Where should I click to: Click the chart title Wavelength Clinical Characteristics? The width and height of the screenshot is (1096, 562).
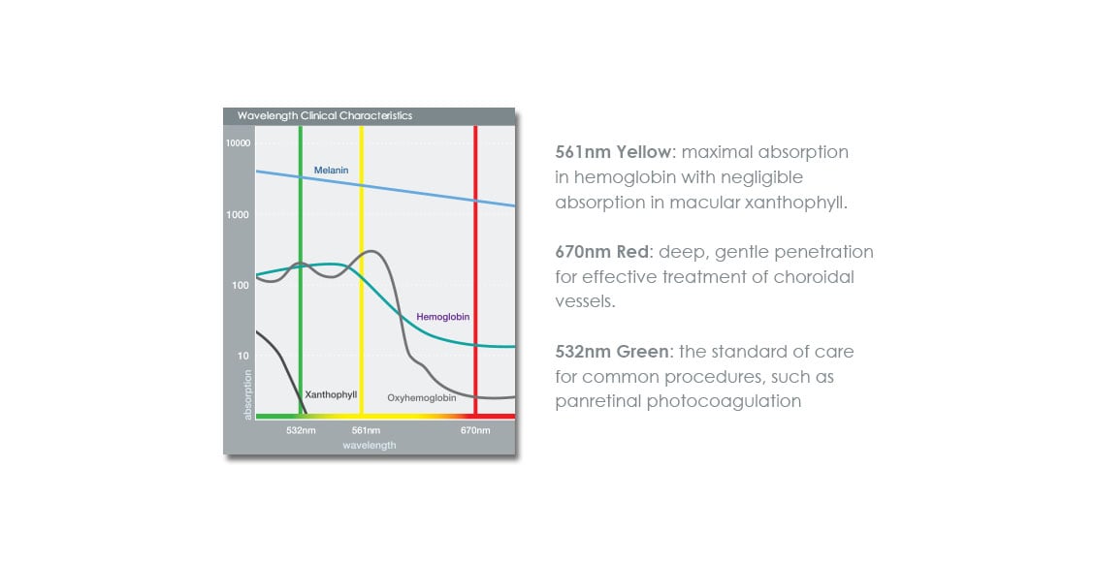click(325, 116)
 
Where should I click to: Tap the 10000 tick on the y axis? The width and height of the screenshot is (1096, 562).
click(238, 143)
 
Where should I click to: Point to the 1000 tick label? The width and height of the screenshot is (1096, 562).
click(238, 214)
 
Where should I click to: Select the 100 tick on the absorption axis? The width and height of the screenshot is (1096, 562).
click(241, 285)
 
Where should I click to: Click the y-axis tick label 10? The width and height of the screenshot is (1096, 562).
click(242, 356)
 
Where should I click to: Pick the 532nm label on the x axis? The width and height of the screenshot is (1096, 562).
click(301, 430)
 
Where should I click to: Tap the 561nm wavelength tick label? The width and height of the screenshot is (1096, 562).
click(366, 430)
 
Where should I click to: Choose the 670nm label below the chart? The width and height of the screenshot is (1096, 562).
click(475, 430)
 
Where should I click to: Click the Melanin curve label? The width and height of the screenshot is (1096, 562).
click(332, 171)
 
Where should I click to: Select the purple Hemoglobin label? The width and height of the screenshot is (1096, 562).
click(443, 317)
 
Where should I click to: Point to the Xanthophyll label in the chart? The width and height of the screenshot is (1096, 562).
click(331, 394)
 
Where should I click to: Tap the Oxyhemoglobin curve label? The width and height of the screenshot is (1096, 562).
click(422, 398)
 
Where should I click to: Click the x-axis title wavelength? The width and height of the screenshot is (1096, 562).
click(370, 446)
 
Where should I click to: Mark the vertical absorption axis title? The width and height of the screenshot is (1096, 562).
click(247, 395)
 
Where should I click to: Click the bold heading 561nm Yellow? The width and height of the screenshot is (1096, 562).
click(613, 152)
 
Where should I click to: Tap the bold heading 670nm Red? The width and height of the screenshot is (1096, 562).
click(601, 252)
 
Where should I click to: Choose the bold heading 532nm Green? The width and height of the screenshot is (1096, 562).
click(612, 351)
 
